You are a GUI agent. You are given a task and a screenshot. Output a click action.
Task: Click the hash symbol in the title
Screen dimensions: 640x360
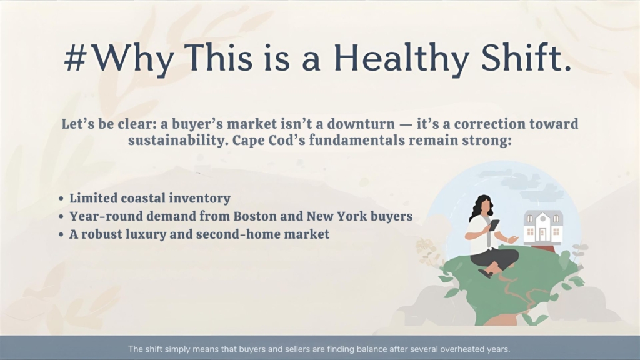pos(76,57)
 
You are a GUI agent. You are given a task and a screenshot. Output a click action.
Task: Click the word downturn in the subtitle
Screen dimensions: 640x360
pos(361,124)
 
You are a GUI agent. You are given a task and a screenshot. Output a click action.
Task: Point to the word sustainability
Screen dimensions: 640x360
pos(177,141)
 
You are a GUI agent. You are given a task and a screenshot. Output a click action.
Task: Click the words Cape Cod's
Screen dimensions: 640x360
pos(269,141)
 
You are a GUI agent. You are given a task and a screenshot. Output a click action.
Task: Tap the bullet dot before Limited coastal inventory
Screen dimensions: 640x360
pos(61,199)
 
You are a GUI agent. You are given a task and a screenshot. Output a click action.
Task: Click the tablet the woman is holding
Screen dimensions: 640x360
pos(494,225)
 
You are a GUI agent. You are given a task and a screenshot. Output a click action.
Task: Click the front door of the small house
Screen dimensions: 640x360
pos(542,235)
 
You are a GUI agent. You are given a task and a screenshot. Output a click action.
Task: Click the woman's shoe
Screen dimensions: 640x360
pos(485,274)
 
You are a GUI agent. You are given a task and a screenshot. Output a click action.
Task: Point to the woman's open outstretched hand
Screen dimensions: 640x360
pos(512,239)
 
